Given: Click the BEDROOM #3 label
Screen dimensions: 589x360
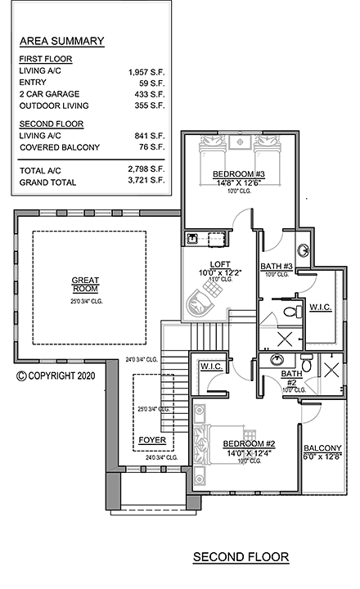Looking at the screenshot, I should tap(237, 173).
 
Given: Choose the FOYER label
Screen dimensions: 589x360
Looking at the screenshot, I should tap(151, 439).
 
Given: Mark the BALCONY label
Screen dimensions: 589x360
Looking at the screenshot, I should tap(321, 447).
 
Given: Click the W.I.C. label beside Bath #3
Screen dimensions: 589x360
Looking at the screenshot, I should tap(319, 306).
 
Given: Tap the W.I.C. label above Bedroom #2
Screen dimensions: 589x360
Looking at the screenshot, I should tap(212, 366).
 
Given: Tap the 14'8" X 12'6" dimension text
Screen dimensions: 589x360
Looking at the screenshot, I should tap(237, 182).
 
